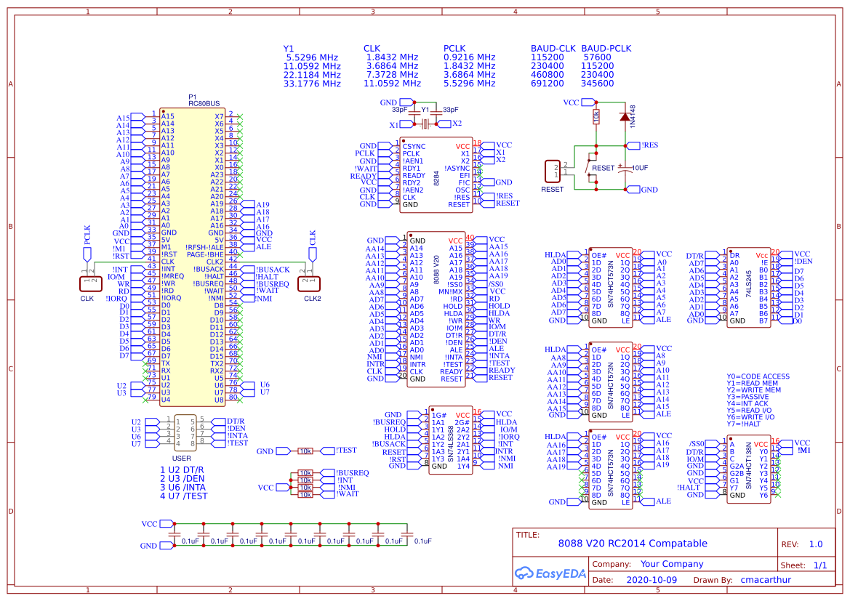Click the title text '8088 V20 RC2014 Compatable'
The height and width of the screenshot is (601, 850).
[x=632, y=544]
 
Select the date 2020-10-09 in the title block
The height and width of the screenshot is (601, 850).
[x=651, y=580]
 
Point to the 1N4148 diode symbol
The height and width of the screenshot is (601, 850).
[x=624, y=116]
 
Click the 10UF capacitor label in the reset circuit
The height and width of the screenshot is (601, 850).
[x=640, y=168]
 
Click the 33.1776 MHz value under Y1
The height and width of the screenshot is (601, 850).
[x=312, y=84]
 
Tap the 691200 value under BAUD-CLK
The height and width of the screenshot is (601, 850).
[x=548, y=84]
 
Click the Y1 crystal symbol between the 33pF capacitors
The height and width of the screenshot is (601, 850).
[x=425, y=124]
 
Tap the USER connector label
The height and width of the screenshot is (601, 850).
[x=181, y=459]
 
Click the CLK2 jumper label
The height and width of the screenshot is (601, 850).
[x=313, y=298]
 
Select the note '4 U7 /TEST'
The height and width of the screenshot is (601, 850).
[x=184, y=496]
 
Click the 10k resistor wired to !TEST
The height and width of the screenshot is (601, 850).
[x=305, y=451]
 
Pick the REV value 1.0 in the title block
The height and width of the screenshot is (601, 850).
[x=816, y=544]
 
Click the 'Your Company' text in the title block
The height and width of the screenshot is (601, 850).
[x=672, y=564]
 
